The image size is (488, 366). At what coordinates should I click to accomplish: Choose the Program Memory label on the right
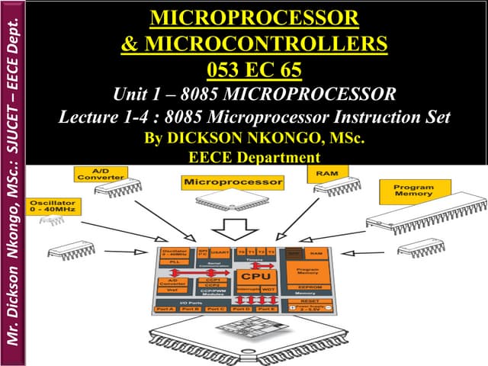click(x=415, y=191)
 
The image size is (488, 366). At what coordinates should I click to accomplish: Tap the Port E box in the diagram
click(x=267, y=309)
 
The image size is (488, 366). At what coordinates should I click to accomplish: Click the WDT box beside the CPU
click(x=268, y=290)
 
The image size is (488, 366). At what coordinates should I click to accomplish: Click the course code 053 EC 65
click(x=254, y=72)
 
